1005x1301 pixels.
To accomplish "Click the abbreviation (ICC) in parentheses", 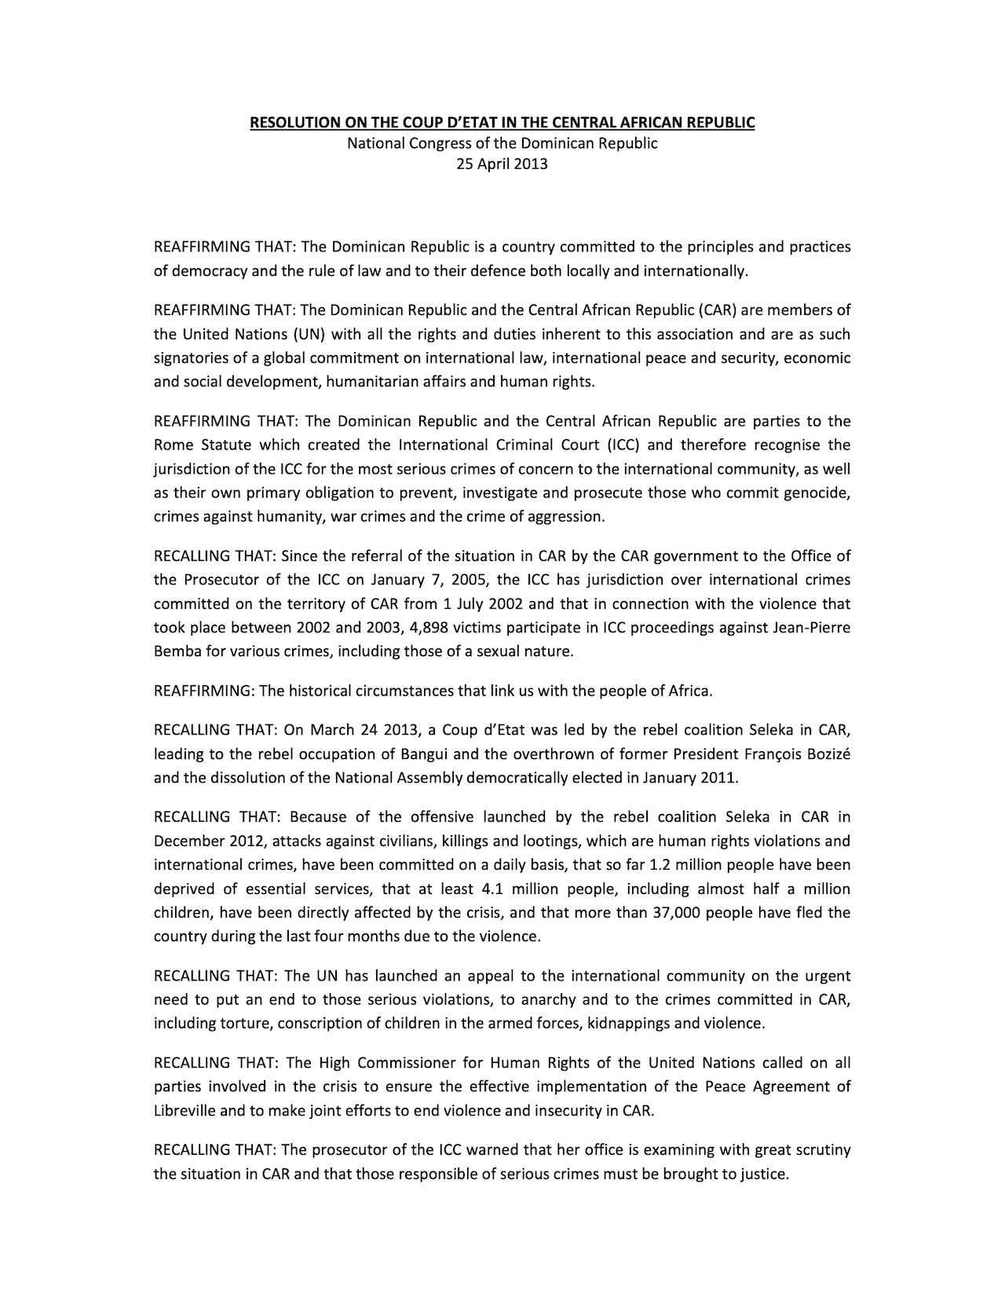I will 623,445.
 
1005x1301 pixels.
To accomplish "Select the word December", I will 188,841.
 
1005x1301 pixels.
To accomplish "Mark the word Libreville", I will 185,1111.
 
